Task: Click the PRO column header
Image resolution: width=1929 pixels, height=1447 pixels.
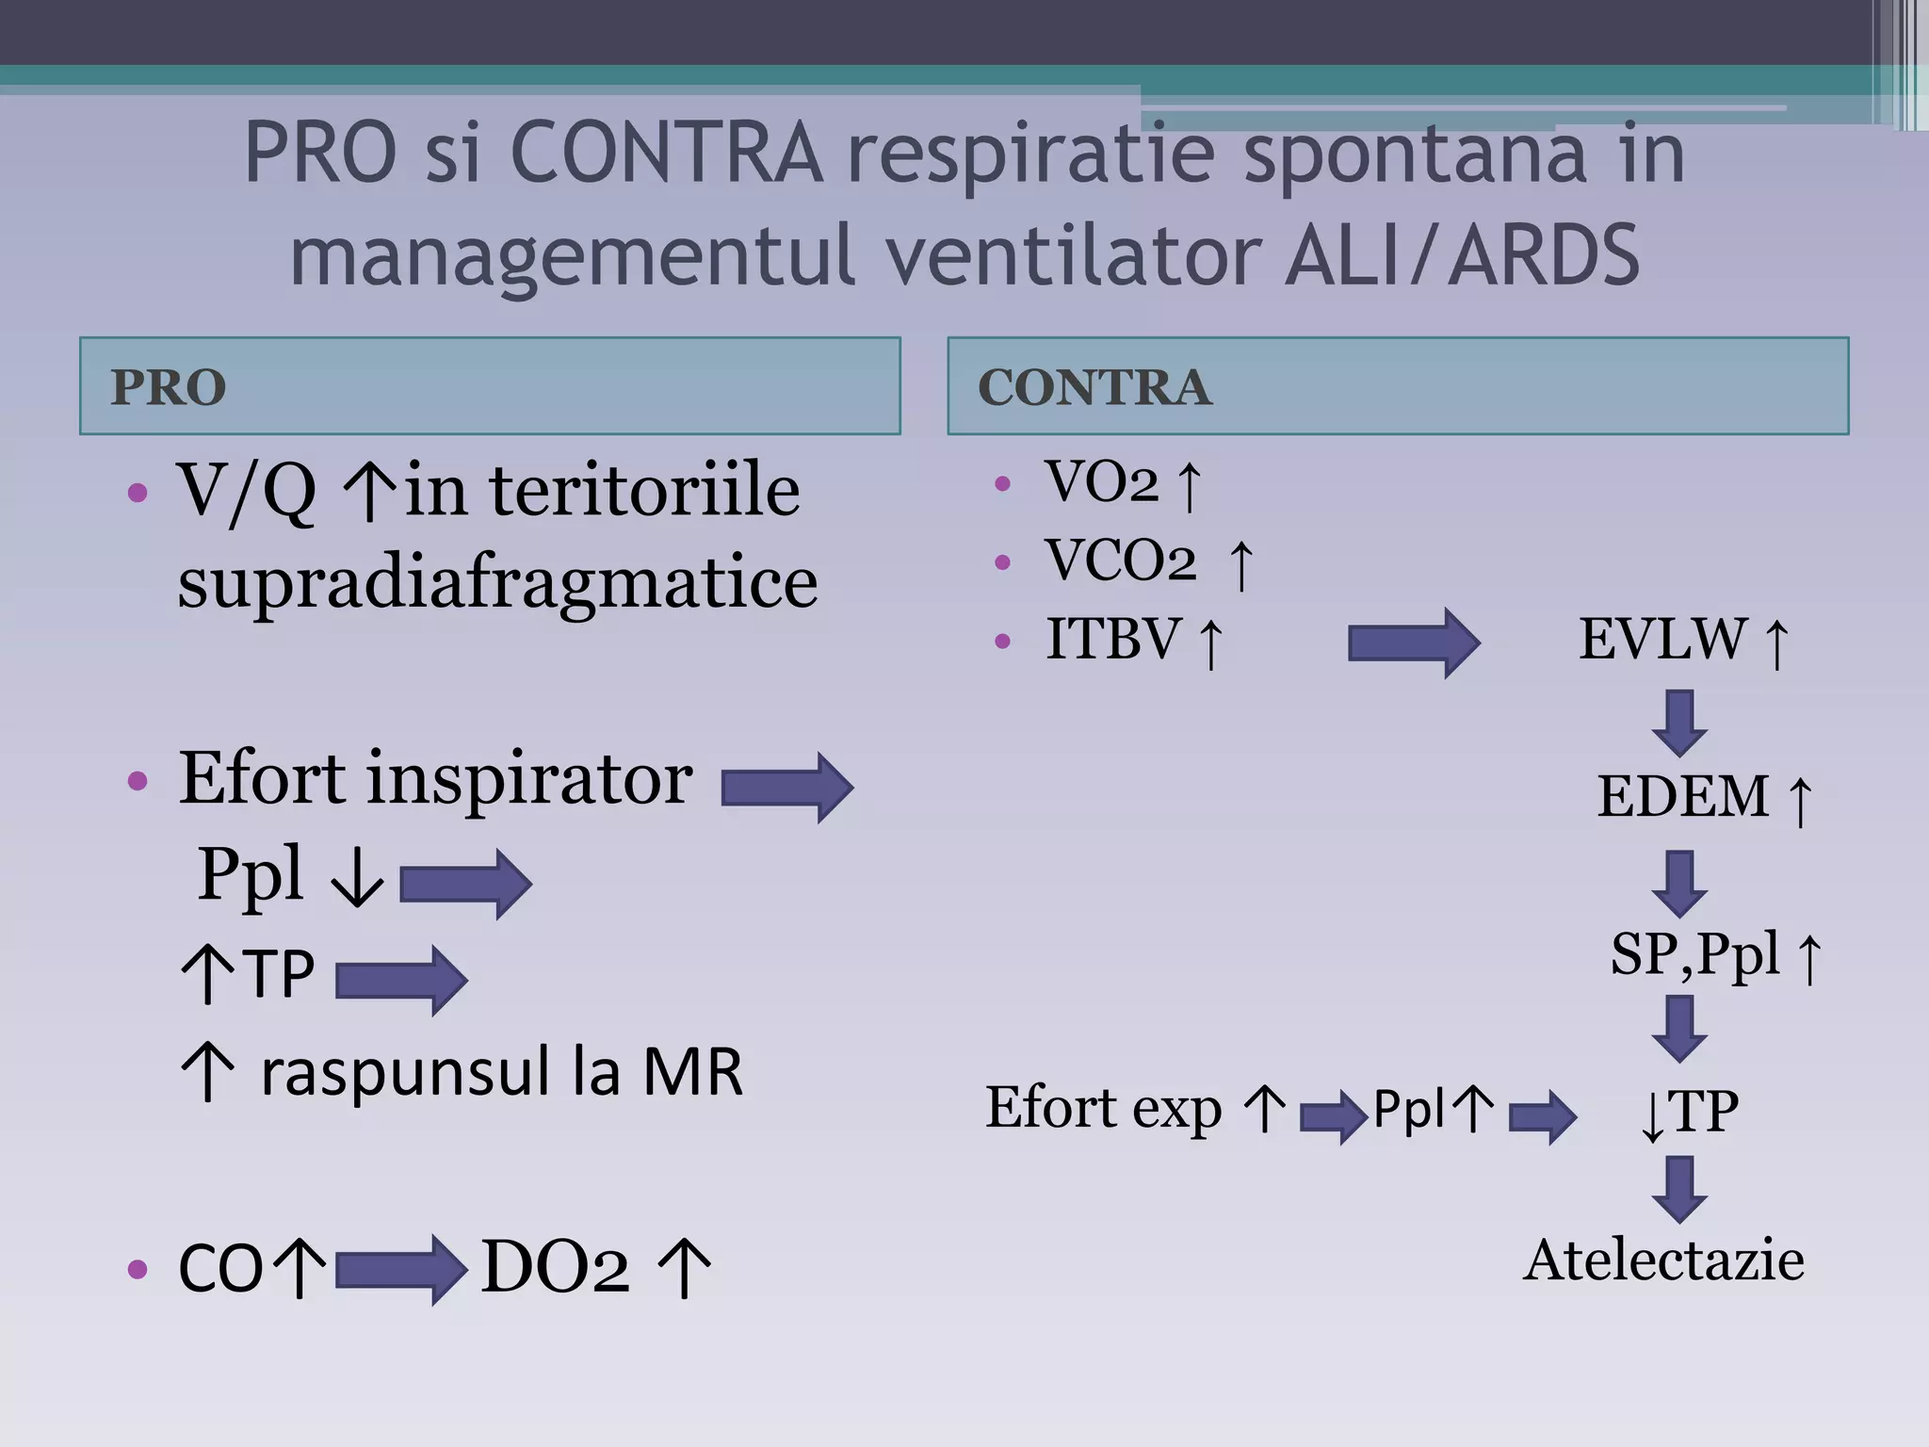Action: pyautogui.click(x=169, y=387)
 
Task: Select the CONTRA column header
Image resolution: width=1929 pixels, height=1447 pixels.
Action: pyautogui.click(x=1094, y=387)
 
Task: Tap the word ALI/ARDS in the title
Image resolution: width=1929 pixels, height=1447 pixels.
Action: pyautogui.click(x=1462, y=255)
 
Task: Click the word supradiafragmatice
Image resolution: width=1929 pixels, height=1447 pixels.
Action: pyautogui.click(x=497, y=584)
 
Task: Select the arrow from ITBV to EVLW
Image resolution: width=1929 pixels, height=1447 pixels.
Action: pyautogui.click(x=1413, y=642)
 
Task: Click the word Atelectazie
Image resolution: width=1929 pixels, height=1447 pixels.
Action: pyautogui.click(x=1663, y=1260)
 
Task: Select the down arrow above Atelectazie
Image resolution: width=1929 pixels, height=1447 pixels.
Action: pyautogui.click(x=1679, y=1189)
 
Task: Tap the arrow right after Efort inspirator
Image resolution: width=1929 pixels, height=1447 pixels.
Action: pyautogui.click(x=786, y=788)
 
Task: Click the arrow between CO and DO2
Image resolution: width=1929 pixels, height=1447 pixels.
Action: pyautogui.click(x=400, y=1270)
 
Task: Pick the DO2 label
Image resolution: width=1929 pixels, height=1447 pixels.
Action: pyautogui.click(x=555, y=1268)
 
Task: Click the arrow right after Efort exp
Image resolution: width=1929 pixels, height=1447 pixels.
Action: pyautogui.click(x=1333, y=1117)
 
